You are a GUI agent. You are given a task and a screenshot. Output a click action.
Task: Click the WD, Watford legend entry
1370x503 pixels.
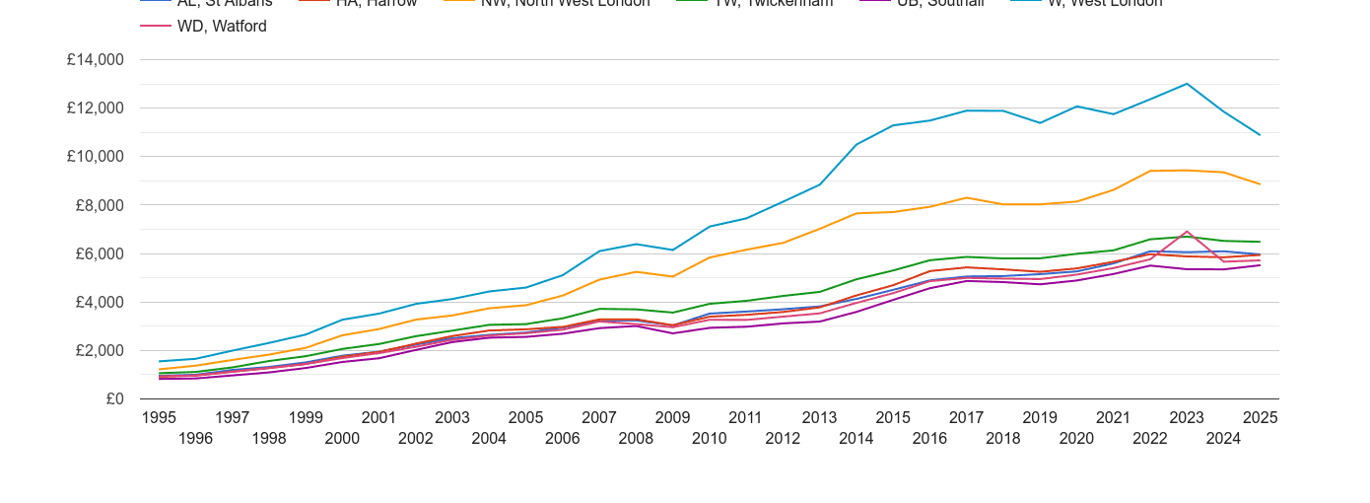pyautogui.click(x=221, y=27)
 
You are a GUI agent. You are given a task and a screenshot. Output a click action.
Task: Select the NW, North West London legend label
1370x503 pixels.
pyautogui.click(x=565, y=3)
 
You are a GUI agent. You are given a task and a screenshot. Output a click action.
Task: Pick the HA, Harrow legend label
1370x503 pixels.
pyautogui.click(x=376, y=3)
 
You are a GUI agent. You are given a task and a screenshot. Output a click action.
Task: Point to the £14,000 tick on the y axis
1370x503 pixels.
pyautogui.click(x=96, y=60)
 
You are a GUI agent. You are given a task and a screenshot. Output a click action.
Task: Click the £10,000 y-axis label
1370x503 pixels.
pyautogui.click(x=96, y=157)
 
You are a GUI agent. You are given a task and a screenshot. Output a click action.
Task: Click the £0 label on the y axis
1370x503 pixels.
pyautogui.click(x=114, y=399)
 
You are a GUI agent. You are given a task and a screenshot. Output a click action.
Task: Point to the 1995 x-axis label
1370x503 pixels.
pyautogui.click(x=159, y=418)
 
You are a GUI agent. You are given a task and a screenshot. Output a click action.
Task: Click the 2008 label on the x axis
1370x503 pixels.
pyautogui.click(x=636, y=439)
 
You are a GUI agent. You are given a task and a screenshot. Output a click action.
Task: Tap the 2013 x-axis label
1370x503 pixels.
pyautogui.click(x=819, y=418)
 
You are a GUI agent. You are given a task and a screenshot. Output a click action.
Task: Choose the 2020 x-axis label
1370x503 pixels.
pyautogui.click(x=1076, y=439)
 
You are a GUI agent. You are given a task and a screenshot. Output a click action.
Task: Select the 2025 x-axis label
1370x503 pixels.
pyautogui.click(x=1260, y=418)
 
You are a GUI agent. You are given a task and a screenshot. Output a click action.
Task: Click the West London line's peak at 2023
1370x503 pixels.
pyautogui.click(x=1187, y=84)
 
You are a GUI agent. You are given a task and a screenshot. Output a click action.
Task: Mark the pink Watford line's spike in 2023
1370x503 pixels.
pyautogui.click(x=1187, y=232)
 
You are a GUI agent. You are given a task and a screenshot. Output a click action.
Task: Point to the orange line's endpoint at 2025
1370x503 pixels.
pyautogui.click(x=1260, y=184)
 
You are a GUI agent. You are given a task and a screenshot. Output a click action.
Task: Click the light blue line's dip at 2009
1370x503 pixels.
pyautogui.click(x=672, y=250)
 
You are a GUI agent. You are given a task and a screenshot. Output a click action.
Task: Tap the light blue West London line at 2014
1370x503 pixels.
pyautogui.click(x=856, y=144)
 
